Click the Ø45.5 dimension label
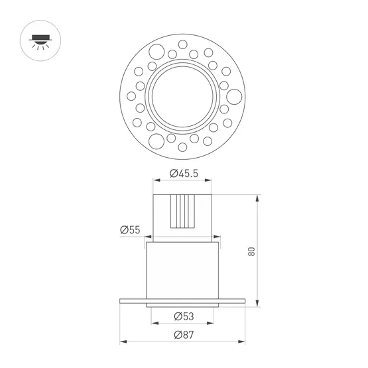coord(184,174)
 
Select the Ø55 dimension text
coord(131,230)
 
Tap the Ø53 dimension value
coord(183,315)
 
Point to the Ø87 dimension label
coord(183,334)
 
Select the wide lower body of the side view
coord(183,269)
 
